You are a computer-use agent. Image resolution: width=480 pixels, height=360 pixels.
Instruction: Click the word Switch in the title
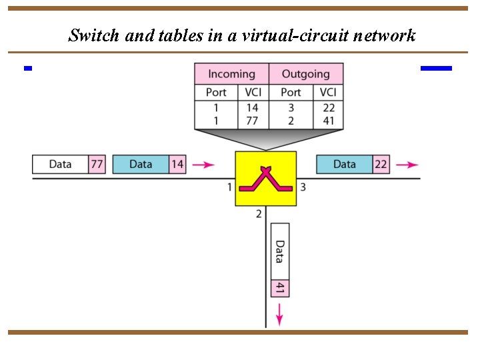click(x=93, y=35)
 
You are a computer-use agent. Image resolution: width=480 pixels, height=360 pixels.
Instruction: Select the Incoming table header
click(x=231, y=74)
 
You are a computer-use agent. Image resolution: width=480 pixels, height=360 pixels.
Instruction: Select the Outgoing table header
click(x=305, y=74)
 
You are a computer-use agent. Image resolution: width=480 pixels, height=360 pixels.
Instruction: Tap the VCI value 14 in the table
click(x=253, y=107)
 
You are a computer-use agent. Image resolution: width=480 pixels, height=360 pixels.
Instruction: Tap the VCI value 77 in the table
click(x=253, y=121)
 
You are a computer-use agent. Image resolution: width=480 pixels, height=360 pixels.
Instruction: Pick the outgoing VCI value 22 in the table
click(x=328, y=107)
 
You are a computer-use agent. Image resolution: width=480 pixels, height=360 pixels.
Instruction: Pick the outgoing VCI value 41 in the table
click(x=328, y=121)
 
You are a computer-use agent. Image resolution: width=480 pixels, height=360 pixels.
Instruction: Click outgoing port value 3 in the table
click(x=291, y=107)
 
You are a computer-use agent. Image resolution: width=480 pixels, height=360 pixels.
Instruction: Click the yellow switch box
click(x=265, y=179)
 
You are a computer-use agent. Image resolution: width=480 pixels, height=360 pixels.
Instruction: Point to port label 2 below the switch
click(x=259, y=214)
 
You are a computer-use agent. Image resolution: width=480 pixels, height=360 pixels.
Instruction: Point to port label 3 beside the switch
click(x=303, y=187)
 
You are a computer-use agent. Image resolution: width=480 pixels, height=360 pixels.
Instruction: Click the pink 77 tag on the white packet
click(x=97, y=164)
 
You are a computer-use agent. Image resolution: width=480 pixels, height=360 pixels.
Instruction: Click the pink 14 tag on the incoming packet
click(x=177, y=164)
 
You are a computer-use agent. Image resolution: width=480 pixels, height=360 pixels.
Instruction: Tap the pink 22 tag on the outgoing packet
click(x=381, y=164)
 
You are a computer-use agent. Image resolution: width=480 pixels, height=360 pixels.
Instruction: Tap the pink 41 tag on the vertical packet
click(x=280, y=288)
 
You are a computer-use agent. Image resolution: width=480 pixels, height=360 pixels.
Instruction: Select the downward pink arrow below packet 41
click(x=280, y=311)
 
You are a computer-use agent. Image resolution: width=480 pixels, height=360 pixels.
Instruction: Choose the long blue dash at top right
click(x=436, y=68)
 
